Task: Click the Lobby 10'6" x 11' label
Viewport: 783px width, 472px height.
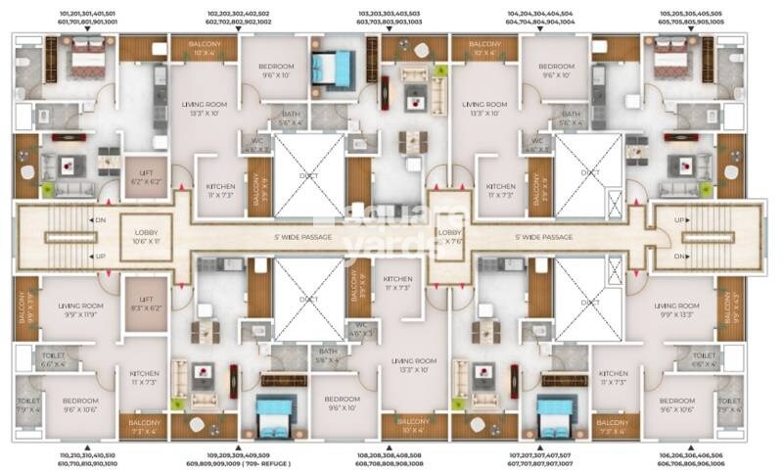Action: (146, 236)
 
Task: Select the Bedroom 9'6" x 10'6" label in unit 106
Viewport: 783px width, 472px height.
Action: (676, 405)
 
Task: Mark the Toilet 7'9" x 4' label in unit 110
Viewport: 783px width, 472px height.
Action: (26, 404)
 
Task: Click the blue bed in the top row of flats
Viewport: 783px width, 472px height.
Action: (331, 69)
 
